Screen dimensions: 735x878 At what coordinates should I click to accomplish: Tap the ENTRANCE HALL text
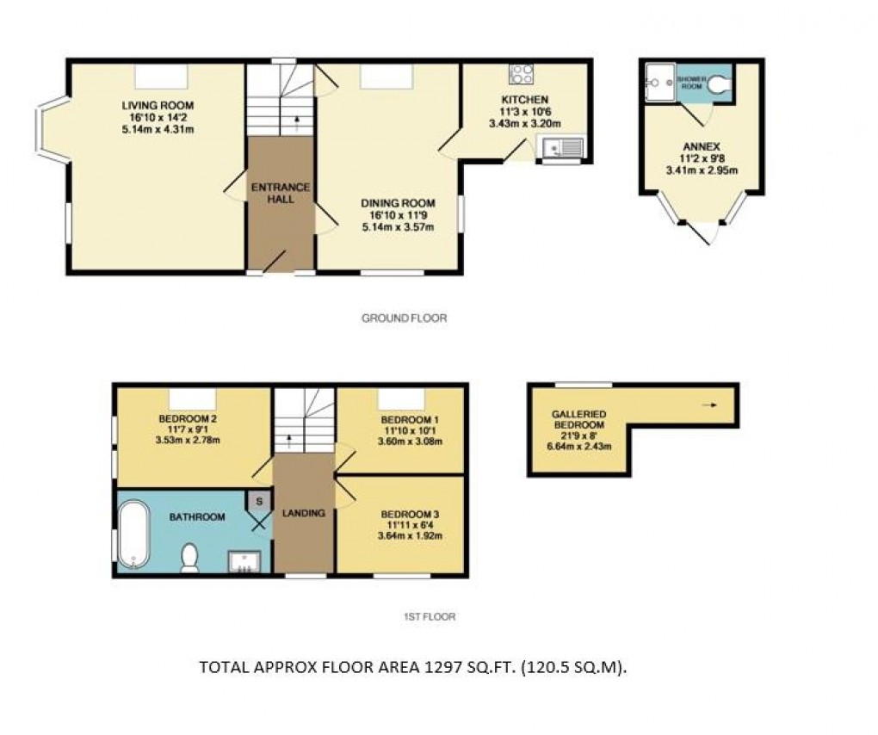280,193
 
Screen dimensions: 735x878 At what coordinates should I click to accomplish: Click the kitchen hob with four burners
522,75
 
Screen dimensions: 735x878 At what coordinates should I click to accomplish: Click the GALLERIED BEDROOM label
579,420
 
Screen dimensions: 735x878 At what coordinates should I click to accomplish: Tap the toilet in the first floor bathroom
189,559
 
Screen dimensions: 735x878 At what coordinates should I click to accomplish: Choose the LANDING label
304,514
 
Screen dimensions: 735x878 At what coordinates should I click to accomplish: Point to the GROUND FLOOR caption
404,318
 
